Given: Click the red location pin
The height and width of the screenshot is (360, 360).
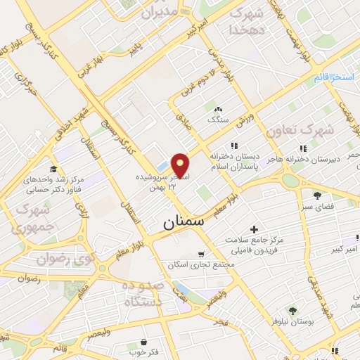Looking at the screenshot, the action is click(181, 165).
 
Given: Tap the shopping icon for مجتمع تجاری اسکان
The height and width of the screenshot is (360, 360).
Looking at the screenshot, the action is click(202, 254).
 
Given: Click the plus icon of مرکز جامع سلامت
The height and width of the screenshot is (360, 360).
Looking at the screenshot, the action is click(254, 229).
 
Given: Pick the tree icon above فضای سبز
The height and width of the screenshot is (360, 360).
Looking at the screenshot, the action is click(318, 195).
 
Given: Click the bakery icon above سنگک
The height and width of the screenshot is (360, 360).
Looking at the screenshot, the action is click(218, 110).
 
